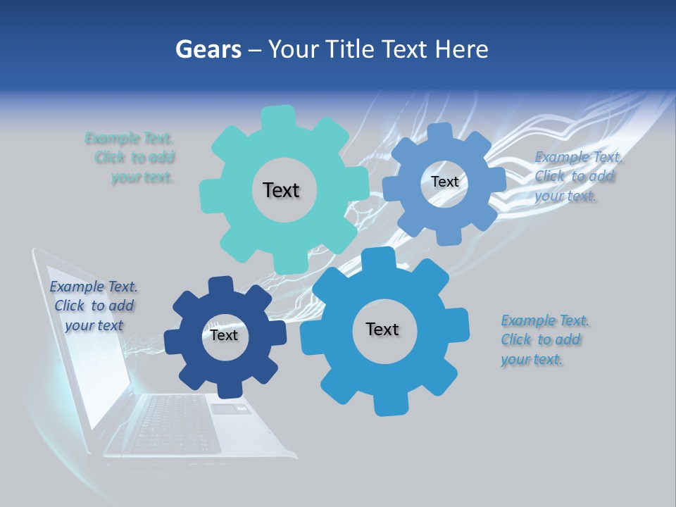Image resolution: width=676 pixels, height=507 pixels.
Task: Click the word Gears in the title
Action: (208, 49)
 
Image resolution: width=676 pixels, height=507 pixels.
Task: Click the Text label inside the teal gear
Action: (281, 190)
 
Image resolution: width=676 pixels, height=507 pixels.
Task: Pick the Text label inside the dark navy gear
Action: (224, 335)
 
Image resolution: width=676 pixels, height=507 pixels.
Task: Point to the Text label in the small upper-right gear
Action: (444, 182)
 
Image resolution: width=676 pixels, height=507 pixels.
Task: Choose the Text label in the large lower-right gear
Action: (382, 329)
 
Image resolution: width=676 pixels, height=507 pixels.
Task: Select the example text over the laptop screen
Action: (94, 306)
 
